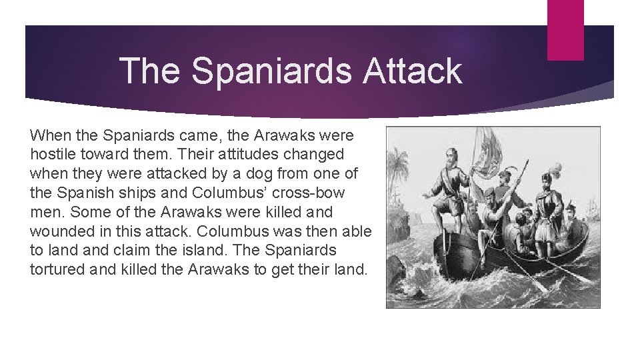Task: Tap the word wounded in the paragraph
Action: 59,231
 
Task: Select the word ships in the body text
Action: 134,193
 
